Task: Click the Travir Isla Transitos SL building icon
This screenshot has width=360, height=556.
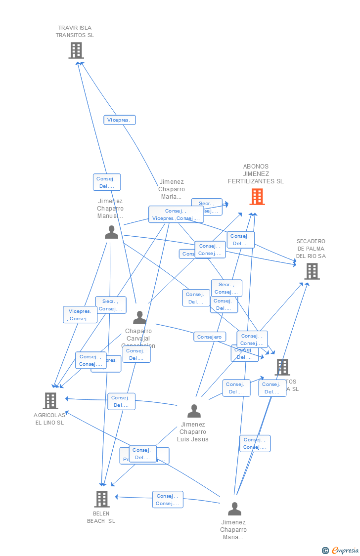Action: click(x=76, y=50)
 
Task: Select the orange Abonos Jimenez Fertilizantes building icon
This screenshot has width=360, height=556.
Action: click(x=257, y=197)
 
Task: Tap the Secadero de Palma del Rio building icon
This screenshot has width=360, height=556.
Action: click(x=312, y=271)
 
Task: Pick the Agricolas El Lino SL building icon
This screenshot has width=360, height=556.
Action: click(x=50, y=401)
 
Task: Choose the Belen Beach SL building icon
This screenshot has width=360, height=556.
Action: click(x=101, y=499)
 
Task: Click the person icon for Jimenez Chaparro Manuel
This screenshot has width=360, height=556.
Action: click(x=111, y=232)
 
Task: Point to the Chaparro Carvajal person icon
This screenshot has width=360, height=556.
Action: click(x=139, y=318)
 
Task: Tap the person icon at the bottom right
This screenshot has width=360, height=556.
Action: click(x=234, y=509)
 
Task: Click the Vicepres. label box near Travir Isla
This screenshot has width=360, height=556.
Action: click(x=119, y=120)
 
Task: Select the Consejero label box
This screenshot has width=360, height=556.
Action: click(x=209, y=337)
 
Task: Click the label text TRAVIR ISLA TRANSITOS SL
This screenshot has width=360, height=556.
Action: click(x=75, y=32)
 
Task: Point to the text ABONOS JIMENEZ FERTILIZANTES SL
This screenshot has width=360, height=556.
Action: click(x=256, y=174)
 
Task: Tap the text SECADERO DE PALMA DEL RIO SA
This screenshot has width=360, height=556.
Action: click(x=311, y=249)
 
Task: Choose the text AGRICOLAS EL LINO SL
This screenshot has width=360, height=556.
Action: click(x=49, y=419)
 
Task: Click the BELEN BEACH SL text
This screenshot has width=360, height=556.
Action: click(x=101, y=517)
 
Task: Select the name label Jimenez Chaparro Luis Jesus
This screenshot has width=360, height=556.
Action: click(x=193, y=432)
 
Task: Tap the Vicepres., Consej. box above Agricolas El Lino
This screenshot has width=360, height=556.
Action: click(x=80, y=315)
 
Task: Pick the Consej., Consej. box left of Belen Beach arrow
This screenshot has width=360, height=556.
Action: click(x=167, y=500)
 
